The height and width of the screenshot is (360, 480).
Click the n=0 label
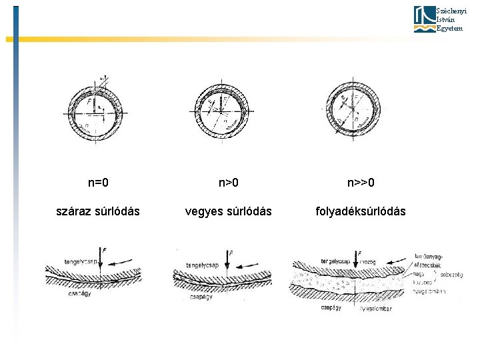(x=98, y=182)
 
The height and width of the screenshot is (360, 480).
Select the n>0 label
(x=228, y=182)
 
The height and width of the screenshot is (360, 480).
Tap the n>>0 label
(x=361, y=182)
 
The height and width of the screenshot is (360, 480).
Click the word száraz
(x=75, y=211)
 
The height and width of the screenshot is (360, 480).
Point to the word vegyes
(x=203, y=211)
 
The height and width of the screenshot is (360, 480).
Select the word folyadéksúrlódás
(x=361, y=211)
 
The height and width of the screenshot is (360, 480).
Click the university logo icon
(x=424, y=19)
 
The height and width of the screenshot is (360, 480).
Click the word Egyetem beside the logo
(x=449, y=28)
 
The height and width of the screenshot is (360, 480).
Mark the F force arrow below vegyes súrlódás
(x=227, y=260)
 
